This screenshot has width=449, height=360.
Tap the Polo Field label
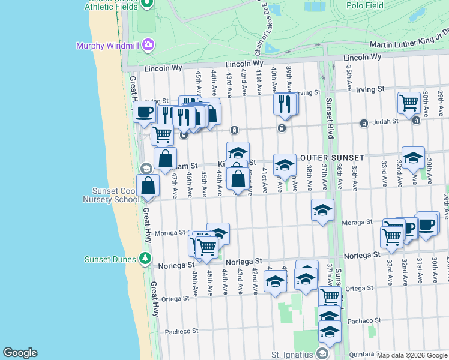click(x=366, y=5)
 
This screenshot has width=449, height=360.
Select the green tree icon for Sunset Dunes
click(x=145, y=259)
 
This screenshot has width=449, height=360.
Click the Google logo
click(x=20, y=353)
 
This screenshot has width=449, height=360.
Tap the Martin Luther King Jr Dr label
click(x=409, y=44)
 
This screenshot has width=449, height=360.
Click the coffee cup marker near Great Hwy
click(x=144, y=112)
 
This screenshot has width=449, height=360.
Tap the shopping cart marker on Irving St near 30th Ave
click(x=409, y=103)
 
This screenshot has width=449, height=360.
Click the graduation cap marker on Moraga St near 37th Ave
click(x=322, y=210)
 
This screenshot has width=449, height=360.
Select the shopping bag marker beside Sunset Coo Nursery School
click(x=148, y=186)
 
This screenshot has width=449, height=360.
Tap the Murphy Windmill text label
click(x=108, y=46)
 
